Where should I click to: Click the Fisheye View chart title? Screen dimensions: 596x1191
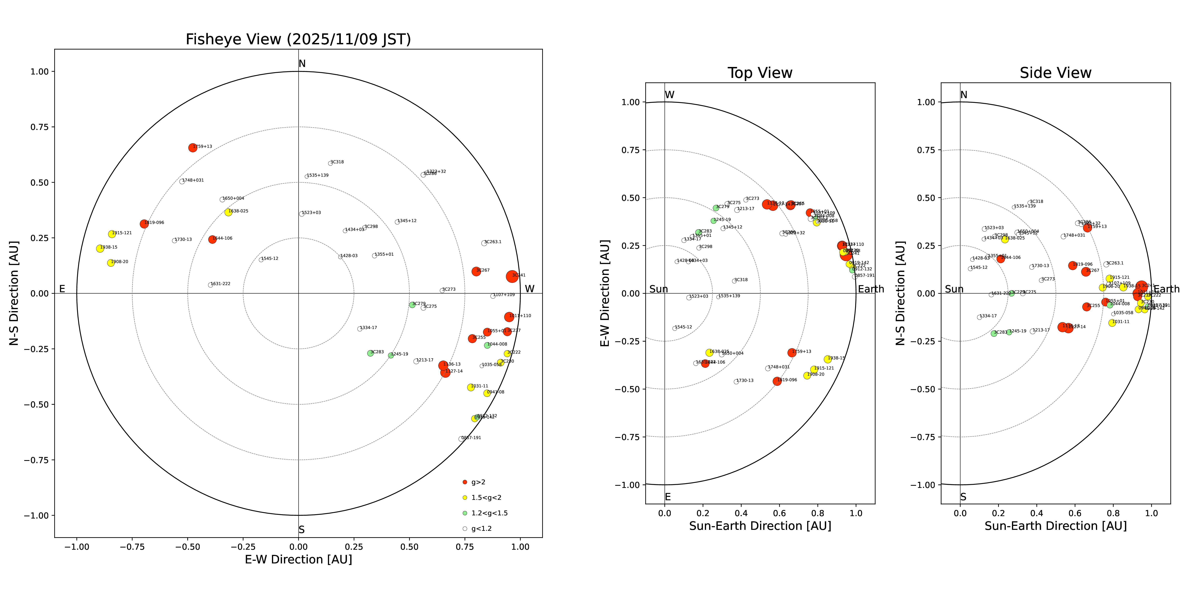(298, 39)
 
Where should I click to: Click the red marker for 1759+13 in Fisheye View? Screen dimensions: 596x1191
(193, 148)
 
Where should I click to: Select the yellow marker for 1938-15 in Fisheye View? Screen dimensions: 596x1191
(100, 249)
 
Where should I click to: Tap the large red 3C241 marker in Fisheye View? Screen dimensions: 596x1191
(512, 276)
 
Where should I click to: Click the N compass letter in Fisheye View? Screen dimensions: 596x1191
(302, 64)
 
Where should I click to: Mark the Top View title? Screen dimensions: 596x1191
(760, 73)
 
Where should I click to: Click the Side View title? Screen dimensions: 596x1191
(1056, 73)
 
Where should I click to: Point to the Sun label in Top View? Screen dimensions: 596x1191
(658, 289)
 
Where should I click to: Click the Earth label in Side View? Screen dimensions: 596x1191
(1167, 289)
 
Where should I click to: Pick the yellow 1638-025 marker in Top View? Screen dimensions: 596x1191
(709, 353)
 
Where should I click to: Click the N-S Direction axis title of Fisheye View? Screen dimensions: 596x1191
(14, 293)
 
